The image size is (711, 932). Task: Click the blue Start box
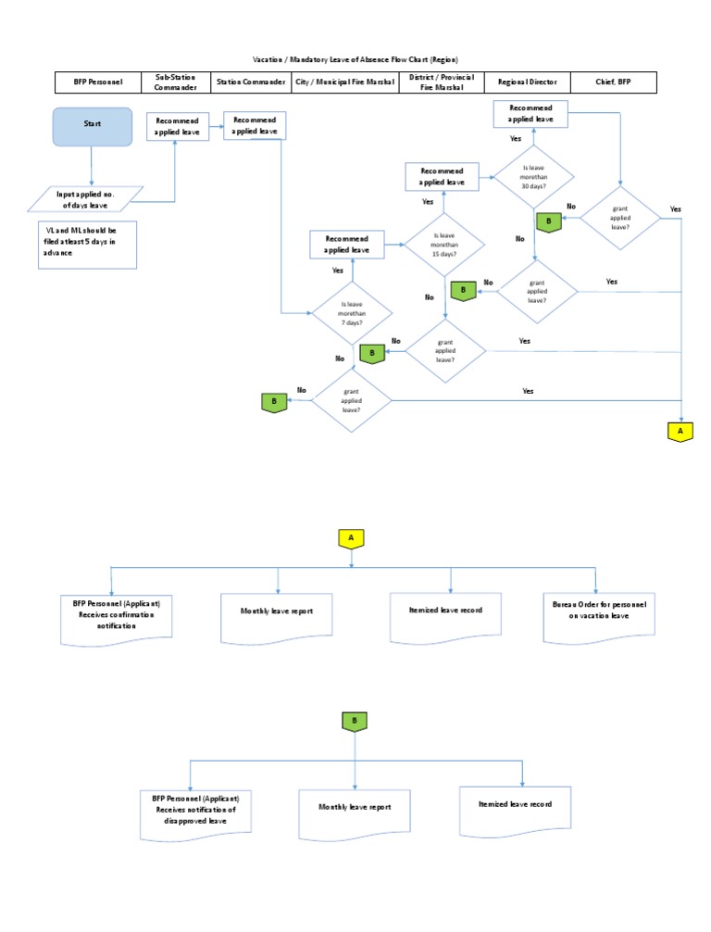(x=92, y=126)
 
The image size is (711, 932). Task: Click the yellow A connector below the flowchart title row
(x=680, y=431)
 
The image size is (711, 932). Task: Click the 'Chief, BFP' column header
(x=613, y=82)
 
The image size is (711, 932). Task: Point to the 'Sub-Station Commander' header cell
(x=175, y=82)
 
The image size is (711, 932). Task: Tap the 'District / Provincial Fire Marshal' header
(x=441, y=82)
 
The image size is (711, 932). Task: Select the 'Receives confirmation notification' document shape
(x=110, y=618)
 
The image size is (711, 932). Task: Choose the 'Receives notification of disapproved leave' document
(x=195, y=813)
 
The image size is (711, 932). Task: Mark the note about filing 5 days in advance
(x=87, y=244)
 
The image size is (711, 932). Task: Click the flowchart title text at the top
(x=355, y=58)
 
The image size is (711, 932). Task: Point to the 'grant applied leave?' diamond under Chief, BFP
(x=620, y=218)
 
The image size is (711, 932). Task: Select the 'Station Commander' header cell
(x=250, y=82)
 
